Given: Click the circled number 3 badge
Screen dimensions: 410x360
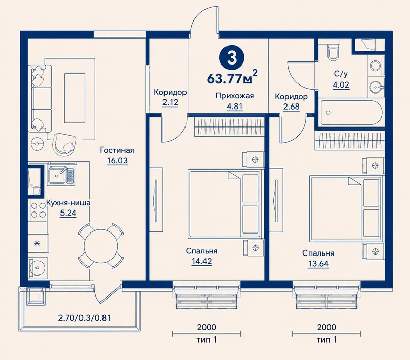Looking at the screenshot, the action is click(x=232, y=58).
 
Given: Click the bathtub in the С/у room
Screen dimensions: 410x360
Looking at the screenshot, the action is click(x=351, y=112).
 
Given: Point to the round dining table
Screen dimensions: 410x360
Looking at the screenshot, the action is click(x=100, y=245).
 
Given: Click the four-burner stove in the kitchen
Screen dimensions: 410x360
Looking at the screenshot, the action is click(x=37, y=210).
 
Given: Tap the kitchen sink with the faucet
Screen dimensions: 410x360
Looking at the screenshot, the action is click(x=60, y=175).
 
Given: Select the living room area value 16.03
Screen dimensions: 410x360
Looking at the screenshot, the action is click(x=117, y=160).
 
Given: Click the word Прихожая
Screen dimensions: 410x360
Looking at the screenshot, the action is click(x=235, y=96).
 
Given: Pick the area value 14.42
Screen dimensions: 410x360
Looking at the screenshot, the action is click(x=201, y=261).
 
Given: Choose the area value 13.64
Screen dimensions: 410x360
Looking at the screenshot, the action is click(x=318, y=264).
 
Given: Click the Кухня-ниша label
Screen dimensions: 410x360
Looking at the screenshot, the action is click(x=68, y=203).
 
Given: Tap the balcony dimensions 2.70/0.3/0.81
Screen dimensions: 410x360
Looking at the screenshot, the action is click(x=84, y=317).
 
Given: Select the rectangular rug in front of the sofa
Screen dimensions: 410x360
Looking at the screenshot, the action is click(x=74, y=98).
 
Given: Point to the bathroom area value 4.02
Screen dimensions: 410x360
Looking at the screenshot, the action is click(x=341, y=85).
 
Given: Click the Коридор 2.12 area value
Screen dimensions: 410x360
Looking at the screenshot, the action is click(x=170, y=102).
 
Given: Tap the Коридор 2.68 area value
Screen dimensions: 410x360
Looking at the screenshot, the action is click(x=291, y=107).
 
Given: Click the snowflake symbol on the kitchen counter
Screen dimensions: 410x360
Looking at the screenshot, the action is click(x=38, y=243).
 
